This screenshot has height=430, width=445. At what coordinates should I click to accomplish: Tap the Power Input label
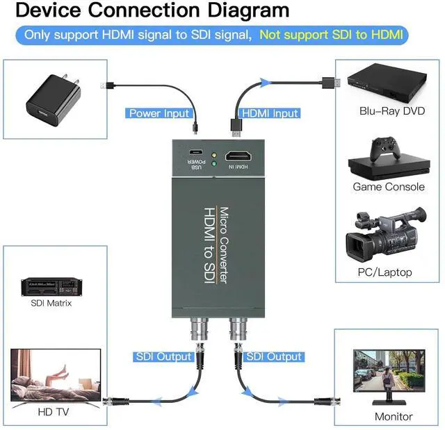pos(159,113)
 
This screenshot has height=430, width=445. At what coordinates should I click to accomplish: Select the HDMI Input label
pos(269,113)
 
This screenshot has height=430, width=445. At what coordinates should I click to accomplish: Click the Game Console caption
pos(388,186)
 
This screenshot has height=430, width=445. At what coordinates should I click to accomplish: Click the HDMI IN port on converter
pos(239,156)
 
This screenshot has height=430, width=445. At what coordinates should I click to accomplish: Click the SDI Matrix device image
pos(51,287)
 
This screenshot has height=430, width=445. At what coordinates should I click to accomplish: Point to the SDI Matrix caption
pos(51,303)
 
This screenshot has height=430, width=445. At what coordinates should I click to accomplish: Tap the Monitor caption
pos(394,417)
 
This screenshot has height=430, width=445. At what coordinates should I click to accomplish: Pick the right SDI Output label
pos(275,356)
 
